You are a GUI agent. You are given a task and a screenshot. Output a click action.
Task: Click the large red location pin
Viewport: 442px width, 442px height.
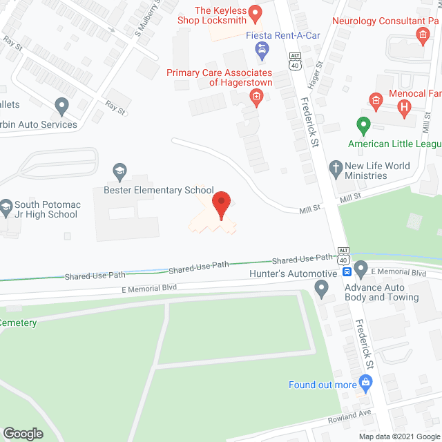coord(221,205)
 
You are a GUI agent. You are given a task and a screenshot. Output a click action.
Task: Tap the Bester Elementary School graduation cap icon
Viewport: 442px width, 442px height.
coord(119,171)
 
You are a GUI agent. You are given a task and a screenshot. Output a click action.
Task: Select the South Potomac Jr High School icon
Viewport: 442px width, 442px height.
coord(7,205)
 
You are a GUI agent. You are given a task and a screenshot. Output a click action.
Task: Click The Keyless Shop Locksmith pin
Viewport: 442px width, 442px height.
coord(254,12)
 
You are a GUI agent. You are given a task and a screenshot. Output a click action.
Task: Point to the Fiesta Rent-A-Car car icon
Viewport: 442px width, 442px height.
coord(262,49)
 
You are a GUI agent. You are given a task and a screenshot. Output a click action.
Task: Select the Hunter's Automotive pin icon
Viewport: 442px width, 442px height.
coord(321,289)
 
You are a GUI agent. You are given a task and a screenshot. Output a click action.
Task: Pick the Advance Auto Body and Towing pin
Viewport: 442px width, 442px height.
coord(361,268)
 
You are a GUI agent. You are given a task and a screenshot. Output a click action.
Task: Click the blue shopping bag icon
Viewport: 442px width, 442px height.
coord(365,383)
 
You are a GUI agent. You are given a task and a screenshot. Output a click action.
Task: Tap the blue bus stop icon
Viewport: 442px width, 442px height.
coord(351,272)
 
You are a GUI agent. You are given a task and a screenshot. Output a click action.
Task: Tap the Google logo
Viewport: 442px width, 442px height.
coord(22,433)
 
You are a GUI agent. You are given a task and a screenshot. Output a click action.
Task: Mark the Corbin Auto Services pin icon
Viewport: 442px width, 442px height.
coord(62,107)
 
